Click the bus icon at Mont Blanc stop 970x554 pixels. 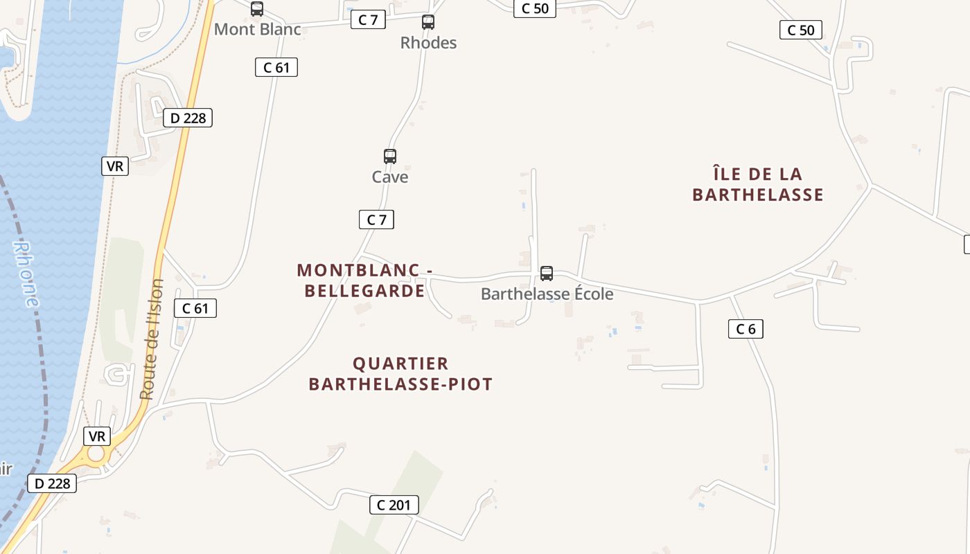tap(257, 9)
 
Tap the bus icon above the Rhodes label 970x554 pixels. tap(428, 22)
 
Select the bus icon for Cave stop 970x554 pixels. tap(390, 157)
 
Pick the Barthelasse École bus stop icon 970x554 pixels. tap(547, 274)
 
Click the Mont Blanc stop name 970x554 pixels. tap(258, 30)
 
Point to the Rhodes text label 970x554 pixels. tap(428, 43)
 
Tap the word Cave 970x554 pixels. tap(390, 177)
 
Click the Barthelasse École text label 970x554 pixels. tap(547, 294)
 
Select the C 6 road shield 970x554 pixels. tap(746, 329)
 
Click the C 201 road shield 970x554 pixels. tap(394, 505)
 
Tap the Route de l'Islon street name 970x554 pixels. tap(152, 339)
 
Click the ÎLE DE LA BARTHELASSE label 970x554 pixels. tap(758, 184)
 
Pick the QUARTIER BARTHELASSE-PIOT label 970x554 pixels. tap(400, 374)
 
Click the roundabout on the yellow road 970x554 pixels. tap(96, 454)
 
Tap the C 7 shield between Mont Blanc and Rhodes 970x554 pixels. tap(368, 19)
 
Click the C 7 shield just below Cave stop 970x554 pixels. tap(376, 220)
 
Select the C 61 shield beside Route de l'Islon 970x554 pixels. tap(195, 308)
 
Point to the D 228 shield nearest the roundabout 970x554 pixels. tap(52, 483)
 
